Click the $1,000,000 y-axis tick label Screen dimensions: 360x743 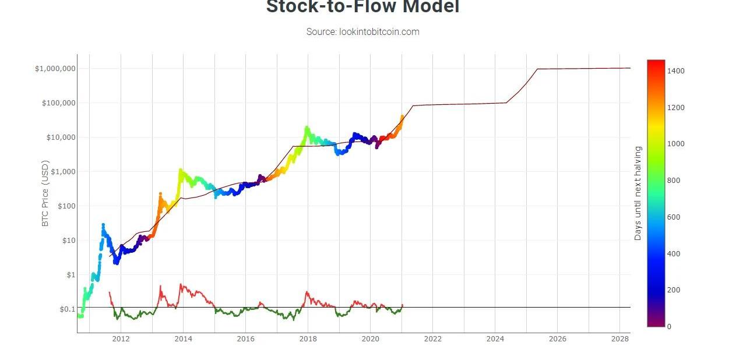pyautogui.click(x=55, y=69)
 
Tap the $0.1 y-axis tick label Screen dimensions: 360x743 pyautogui.click(x=67, y=309)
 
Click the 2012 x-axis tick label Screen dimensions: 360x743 pyautogui.click(x=121, y=339)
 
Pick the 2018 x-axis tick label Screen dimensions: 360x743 pyautogui.click(x=308, y=339)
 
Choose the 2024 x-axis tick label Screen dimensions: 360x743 pyautogui.click(x=495, y=339)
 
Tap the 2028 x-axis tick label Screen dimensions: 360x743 pyautogui.click(x=619, y=339)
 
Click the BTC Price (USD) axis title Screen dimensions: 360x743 pyautogui.click(x=46, y=193)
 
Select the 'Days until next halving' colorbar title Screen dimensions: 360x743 pyautogui.click(x=638, y=193)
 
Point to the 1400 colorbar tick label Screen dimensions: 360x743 pyautogui.click(x=676, y=71)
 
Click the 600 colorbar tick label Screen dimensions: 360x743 pyautogui.click(x=674, y=217)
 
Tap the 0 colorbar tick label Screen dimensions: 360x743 pyautogui.click(x=669, y=327)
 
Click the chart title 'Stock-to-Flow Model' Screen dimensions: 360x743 pyautogui.click(x=362, y=7)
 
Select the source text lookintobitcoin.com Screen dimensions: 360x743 pyautogui.click(x=362, y=32)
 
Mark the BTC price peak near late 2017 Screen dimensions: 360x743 pyautogui.click(x=307, y=128)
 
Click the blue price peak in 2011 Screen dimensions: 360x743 pyautogui.click(x=103, y=224)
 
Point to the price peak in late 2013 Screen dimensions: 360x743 pyautogui.click(x=181, y=170)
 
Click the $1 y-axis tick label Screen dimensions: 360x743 pyautogui.click(x=71, y=275)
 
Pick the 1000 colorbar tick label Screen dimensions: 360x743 pyautogui.click(x=676, y=144)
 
